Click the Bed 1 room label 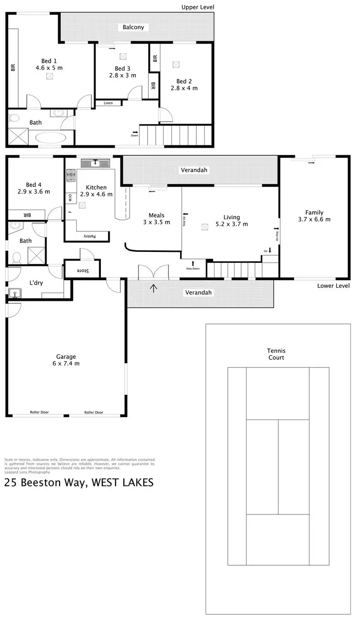click(48, 61)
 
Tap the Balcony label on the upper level click(133, 27)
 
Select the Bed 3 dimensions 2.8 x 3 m click(122, 75)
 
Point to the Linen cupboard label click(108, 103)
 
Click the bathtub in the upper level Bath click(51, 138)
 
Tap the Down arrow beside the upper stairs click(135, 132)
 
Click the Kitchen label click(96, 187)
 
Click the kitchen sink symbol click(96, 163)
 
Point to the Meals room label click(156, 215)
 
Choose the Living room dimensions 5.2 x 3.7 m click(231, 224)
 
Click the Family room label click(314, 213)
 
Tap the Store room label click(83, 270)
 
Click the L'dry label click(36, 283)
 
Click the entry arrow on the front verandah click(154, 288)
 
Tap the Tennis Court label click(276, 354)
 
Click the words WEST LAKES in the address click(121, 483)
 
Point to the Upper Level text click(197, 7)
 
